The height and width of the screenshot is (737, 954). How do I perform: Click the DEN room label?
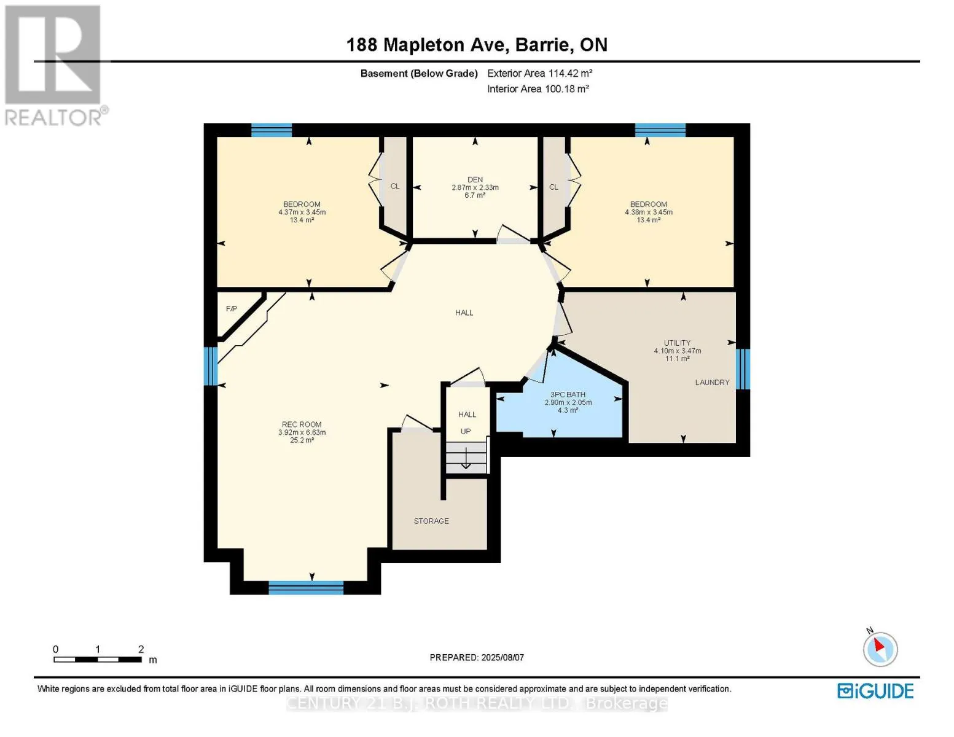[475, 179]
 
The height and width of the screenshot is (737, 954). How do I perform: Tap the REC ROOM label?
[302, 424]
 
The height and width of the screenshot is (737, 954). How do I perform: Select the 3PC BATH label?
[568, 395]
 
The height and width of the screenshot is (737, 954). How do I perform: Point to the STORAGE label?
[431, 521]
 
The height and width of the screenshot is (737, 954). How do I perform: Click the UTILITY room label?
[677, 343]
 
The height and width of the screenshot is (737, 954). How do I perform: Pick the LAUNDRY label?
[712, 383]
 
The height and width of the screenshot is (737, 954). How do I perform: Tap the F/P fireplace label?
[232, 309]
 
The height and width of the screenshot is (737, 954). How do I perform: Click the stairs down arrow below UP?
[466, 458]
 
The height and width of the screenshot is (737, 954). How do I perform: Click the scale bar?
[98, 659]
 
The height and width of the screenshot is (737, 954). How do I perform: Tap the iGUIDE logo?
[875, 692]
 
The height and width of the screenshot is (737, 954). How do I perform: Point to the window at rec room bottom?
[306, 588]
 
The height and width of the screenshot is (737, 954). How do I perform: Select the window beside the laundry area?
[743, 369]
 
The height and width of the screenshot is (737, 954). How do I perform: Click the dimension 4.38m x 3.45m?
[649, 212]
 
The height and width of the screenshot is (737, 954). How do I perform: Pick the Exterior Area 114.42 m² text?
[540, 73]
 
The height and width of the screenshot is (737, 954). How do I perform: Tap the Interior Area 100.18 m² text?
[538, 88]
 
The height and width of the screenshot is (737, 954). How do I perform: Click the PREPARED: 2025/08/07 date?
[477, 658]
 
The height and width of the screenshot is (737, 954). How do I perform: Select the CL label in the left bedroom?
[395, 186]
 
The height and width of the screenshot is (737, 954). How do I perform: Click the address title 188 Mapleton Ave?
[428, 45]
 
